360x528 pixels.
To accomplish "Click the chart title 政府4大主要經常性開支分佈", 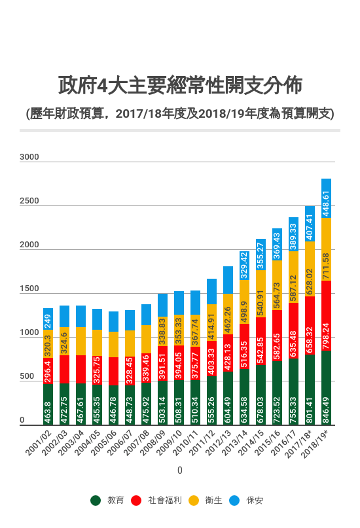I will (180, 86).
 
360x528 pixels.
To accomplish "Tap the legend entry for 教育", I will (109, 501).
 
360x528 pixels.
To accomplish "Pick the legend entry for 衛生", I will (206, 501).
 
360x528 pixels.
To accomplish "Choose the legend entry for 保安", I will (247, 501).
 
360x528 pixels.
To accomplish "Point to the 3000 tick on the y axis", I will (29, 157).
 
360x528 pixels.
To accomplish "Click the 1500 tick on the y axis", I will (29, 289).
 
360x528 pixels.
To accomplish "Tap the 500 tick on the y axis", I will (27, 377).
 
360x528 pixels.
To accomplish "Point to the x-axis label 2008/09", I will (154, 446).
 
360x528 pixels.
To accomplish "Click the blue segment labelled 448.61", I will (326, 198).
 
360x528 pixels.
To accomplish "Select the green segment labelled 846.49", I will (326, 388).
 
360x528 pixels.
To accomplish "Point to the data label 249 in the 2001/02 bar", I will (48, 321).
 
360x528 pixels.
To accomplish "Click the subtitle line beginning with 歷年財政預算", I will (180, 113).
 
